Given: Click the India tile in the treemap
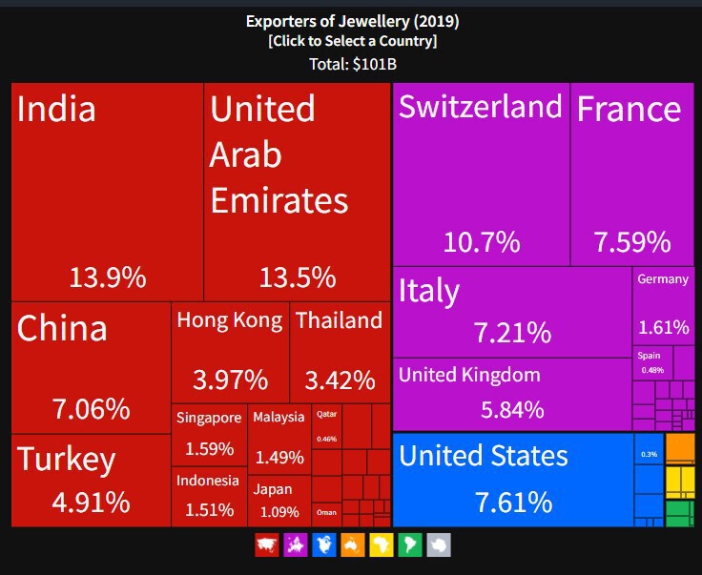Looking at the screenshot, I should (107, 191).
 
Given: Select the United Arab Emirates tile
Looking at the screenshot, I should (297, 191).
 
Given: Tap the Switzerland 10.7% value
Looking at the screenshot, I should (482, 242).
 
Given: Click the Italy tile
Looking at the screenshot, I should (511, 311).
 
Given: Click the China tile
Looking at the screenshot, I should (92, 367).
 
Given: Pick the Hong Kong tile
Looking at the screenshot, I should (230, 352).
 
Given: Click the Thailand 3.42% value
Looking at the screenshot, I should (340, 380).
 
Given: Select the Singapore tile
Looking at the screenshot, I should (210, 434).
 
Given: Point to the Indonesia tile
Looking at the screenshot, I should (209, 496).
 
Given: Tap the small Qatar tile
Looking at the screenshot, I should (326, 426).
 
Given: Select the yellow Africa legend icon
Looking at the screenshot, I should (381, 545).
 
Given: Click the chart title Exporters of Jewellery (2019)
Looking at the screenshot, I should (352, 20).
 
